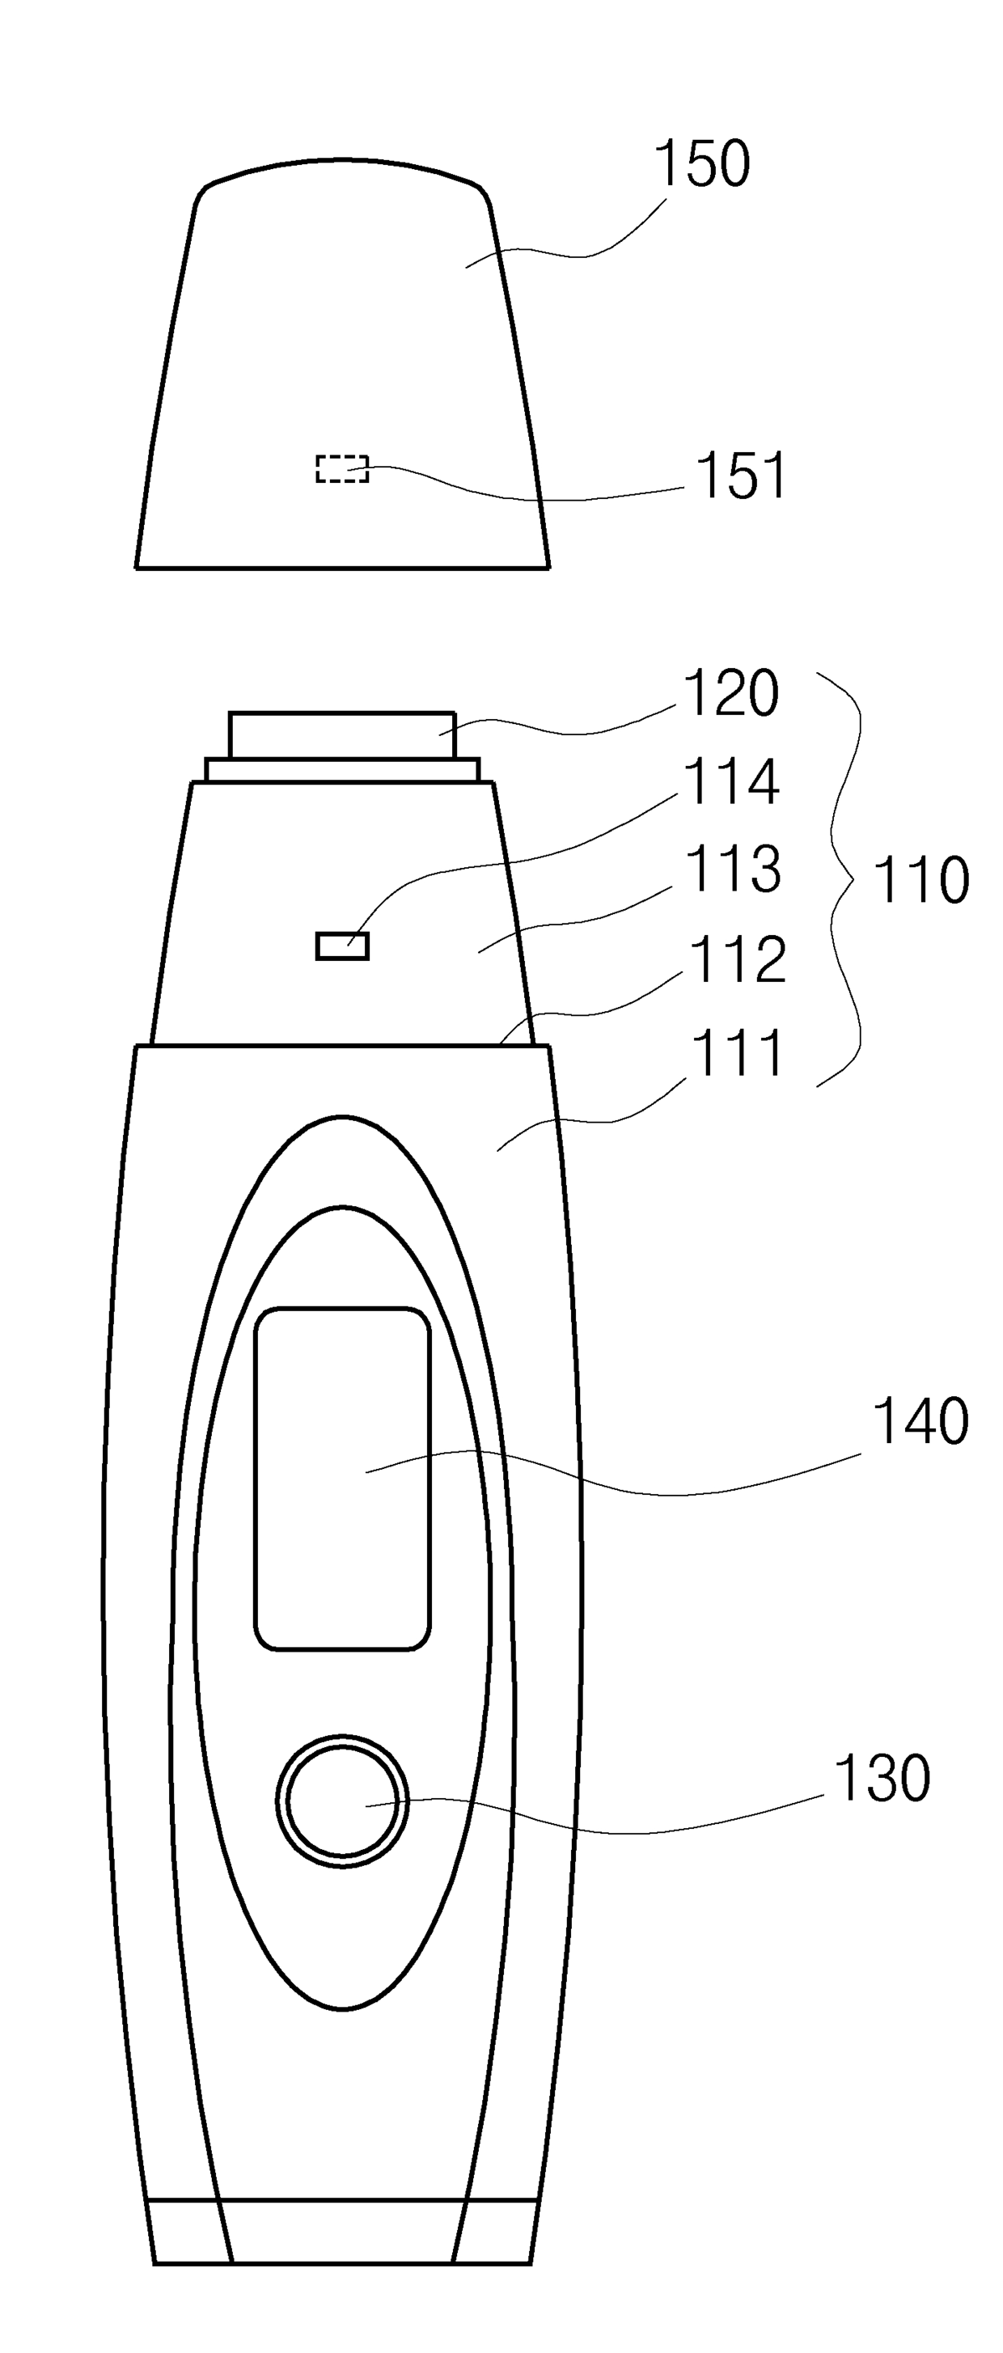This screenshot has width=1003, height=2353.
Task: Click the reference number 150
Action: pos(702,164)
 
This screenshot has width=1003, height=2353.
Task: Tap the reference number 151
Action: pos(740,475)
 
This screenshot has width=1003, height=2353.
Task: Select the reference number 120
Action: pos(730,693)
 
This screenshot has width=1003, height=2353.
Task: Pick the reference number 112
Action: pos(737,959)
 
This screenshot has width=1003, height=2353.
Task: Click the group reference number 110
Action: pos(920,881)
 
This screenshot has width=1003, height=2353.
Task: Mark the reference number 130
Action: pos(882,1778)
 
